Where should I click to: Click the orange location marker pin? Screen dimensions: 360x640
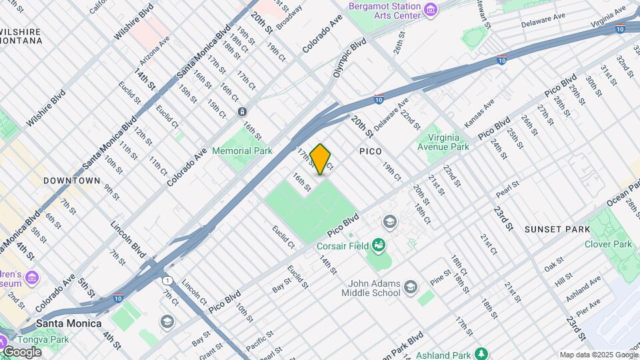tap(321, 159)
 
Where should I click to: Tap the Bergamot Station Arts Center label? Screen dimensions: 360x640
tap(385, 11)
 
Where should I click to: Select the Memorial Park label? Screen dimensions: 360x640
tap(242, 151)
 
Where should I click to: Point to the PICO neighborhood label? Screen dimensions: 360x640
tap(371, 151)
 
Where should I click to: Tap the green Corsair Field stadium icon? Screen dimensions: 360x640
tap(379, 245)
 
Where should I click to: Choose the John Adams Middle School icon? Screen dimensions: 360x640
tap(410, 287)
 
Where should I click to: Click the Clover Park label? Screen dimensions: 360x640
tap(608, 244)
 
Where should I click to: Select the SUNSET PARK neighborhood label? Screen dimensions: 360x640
tap(557, 229)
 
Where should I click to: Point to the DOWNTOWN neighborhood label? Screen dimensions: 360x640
tap(71, 181)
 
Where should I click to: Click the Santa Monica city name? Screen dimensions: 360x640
tap(69, 323)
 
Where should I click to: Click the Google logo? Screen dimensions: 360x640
tap(21, 352)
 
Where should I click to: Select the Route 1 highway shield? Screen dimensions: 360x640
tap(167, 280)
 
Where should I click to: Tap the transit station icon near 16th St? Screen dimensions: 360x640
tap(242, 111)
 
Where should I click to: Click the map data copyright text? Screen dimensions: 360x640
tap(597, 355)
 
